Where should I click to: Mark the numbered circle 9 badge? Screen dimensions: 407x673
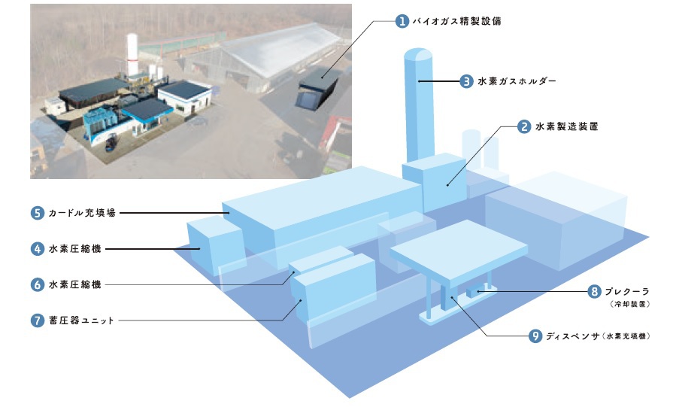(535, 336)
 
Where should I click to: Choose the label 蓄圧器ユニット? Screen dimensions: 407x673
(82, 320)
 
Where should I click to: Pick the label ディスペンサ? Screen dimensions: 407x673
(574, 336)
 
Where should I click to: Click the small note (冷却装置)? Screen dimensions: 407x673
(632, 304)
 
